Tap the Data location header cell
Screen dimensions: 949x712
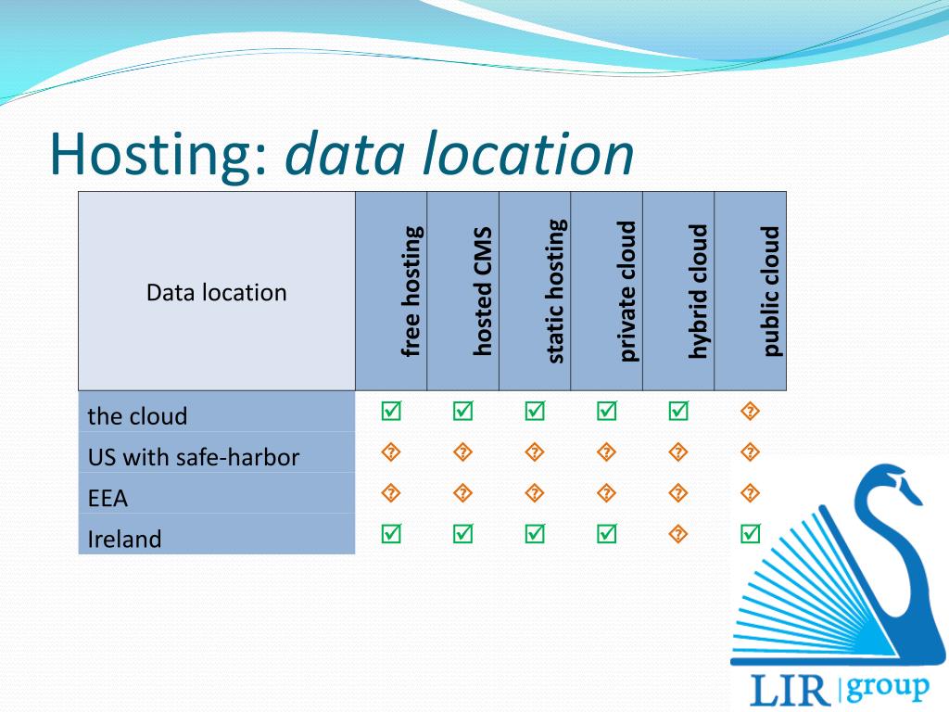tap(216, 293)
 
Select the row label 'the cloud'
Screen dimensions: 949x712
tap(137, 416)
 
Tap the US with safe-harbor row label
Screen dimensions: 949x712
tap(193, 457)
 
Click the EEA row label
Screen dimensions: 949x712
tap(108, 498)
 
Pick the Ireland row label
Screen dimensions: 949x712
tap(124, 539)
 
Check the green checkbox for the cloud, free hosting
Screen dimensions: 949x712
tap(391, 411)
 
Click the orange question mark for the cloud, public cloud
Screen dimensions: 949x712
tap(751, 411)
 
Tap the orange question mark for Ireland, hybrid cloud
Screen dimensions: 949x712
tap(678, 534)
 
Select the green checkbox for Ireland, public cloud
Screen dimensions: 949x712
tap(751, 533)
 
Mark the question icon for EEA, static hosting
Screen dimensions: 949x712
tap(535, 493)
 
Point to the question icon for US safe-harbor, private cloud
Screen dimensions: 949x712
tap(607, 452)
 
